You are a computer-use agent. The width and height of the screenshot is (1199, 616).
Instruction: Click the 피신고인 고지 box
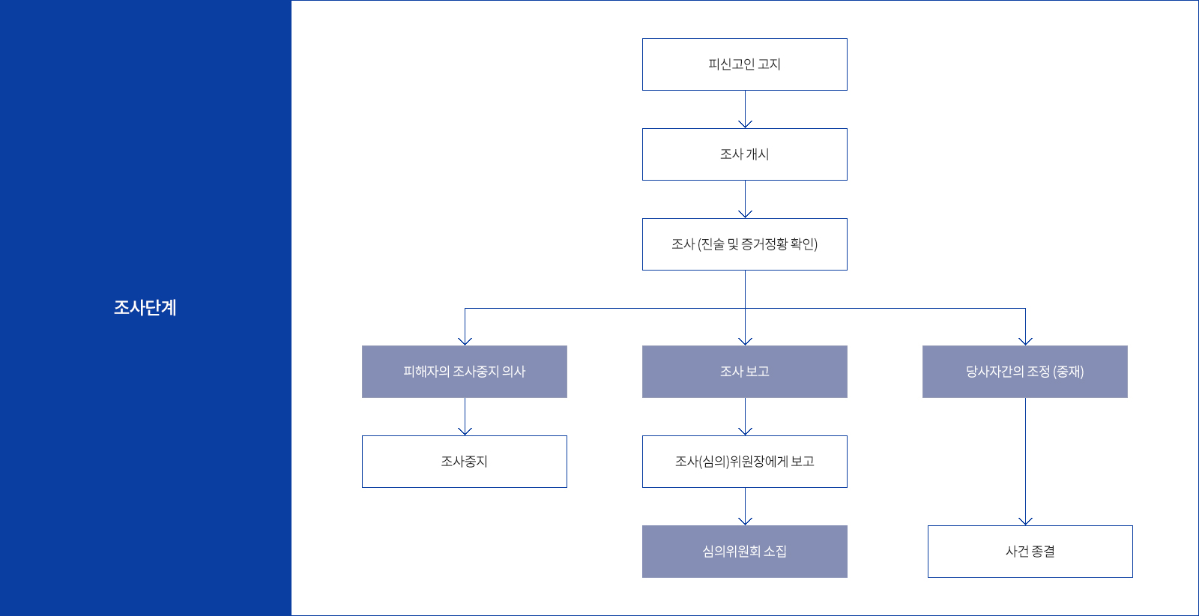click(x=744, y=64)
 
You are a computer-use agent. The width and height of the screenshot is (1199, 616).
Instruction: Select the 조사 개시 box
click(x=744, y=154)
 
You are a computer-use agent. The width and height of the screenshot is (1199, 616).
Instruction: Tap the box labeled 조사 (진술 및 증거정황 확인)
click(x=744, y=244)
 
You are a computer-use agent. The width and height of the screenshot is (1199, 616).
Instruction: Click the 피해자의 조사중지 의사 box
click(x=464, y=372)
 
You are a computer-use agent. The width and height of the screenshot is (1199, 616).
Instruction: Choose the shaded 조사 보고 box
click(x=744, y=372)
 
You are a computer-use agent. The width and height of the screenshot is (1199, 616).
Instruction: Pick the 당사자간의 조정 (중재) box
click(x=1024, y=372)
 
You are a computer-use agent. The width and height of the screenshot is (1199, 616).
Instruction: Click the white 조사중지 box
click(x=464, y=462)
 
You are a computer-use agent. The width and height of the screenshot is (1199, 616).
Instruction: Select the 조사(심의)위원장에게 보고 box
click(x=744, y=462)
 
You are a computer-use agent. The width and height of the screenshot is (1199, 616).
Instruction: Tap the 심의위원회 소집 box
click(x=744, y=552)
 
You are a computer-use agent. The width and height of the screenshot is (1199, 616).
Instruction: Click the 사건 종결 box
click(x=1030, y=552)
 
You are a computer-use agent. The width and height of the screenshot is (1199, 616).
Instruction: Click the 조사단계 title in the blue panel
click(x=145, y=308)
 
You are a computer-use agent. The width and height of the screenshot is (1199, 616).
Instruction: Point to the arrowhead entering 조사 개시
click(x=745, y=124)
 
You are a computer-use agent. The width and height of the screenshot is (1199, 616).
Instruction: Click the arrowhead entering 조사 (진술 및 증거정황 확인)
click(x=745, y=214)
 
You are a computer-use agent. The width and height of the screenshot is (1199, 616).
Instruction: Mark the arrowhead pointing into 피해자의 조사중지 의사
click(x=465, y=342)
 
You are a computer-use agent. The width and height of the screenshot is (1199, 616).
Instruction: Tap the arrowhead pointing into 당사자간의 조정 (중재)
click(x=1025, y=342)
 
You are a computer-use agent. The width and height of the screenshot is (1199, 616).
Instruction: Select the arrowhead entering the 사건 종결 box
click(x=1025, y=522)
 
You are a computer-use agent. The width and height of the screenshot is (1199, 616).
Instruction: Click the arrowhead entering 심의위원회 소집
click(x=745, y=522)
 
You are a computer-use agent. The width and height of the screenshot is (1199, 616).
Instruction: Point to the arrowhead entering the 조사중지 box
click(x=465, y=432)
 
